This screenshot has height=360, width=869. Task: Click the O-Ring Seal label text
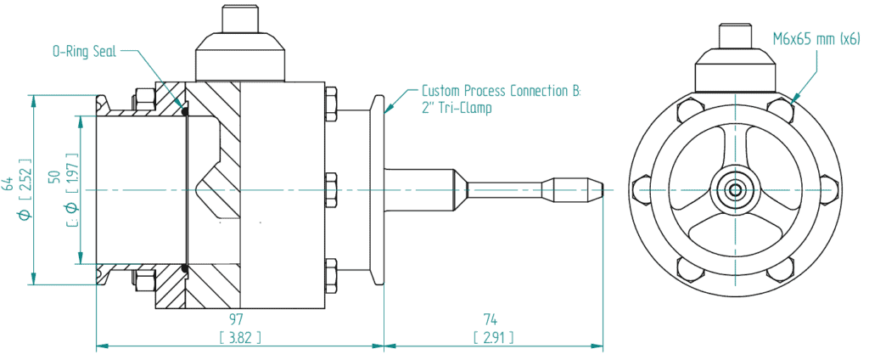[x=84, y=52]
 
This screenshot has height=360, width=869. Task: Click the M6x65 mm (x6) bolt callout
[x=816, y=38]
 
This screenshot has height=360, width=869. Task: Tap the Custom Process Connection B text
[x=501, y=91]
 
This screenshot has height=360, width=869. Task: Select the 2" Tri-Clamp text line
[x=456, y=108]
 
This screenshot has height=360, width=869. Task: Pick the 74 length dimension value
[x=491, y=319]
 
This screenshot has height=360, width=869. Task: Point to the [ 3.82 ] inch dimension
[x=239, y=337]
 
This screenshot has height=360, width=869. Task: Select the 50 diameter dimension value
[x=54, y=177]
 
